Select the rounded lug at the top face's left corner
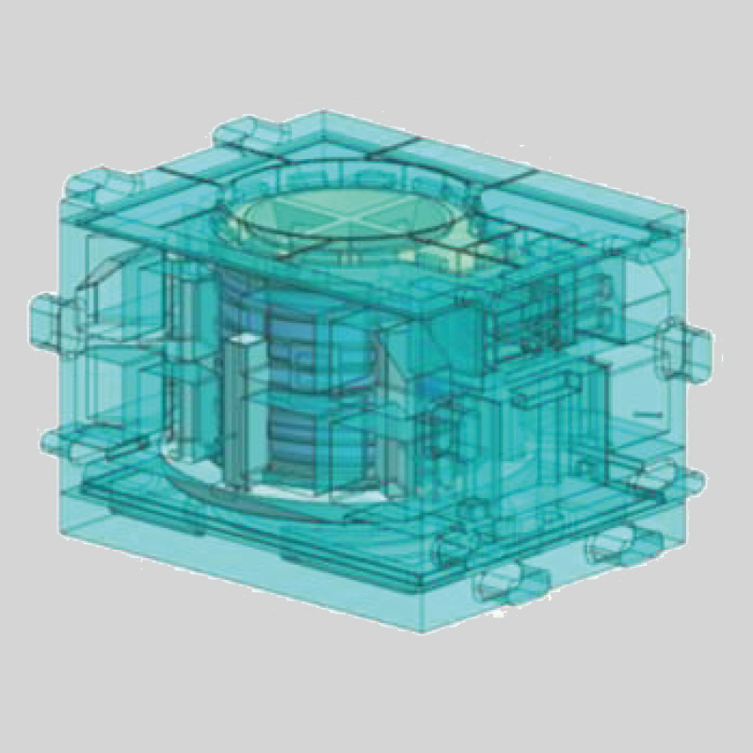tap(89, 184)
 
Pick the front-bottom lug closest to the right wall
tap(612, 546)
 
